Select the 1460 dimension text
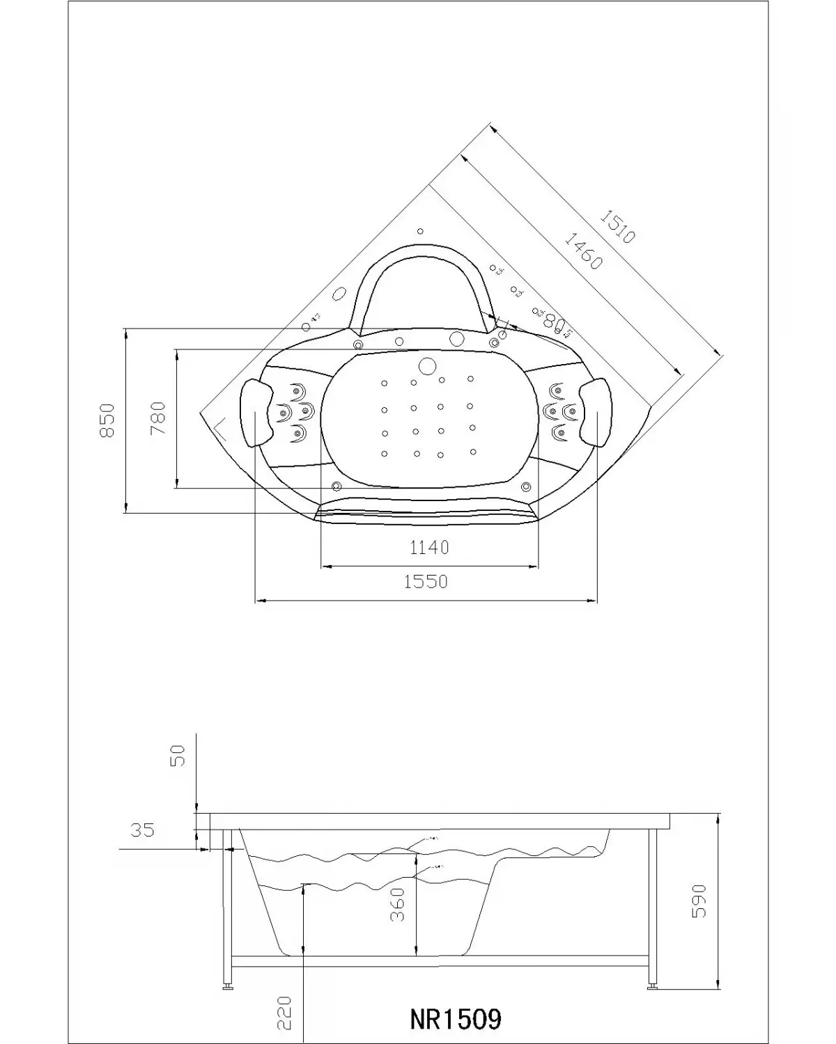click(x=582, y=252)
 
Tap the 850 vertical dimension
click(x=107, y=420)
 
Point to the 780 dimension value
click(x=158, y=418)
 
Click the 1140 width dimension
click(x=429, y=548)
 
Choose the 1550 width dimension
click(x=426, y=581)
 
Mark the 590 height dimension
click(x=699, y=901)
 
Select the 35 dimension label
click(x=142, y=830)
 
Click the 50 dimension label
click(x=179, y=755)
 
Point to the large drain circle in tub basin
click(x=426, y=365)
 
